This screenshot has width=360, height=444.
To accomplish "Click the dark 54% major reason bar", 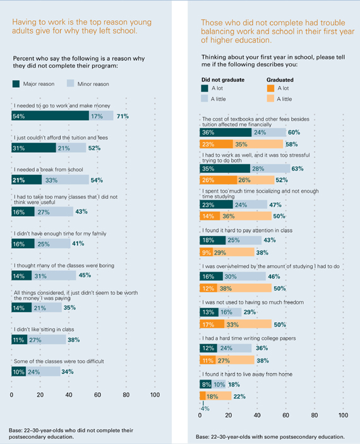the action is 50,116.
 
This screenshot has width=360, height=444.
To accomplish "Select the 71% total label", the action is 123,116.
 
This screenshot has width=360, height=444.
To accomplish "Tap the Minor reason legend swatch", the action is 71,83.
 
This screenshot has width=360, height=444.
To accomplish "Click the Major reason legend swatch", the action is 16,83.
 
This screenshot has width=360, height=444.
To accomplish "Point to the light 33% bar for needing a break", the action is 66,180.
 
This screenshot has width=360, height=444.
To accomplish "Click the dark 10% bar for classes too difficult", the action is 19,371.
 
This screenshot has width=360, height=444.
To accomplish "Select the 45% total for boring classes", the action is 85,275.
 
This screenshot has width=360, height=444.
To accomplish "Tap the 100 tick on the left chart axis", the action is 155,395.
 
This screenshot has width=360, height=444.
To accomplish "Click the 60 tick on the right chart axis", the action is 286,415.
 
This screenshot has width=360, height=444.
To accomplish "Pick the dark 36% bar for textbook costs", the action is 225,132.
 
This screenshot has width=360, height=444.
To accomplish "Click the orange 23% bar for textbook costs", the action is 216,144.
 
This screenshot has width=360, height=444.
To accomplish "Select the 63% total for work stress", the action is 297,169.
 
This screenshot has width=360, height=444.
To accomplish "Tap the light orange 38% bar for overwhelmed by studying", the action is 244,288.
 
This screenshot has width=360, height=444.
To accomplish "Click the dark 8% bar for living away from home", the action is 205,384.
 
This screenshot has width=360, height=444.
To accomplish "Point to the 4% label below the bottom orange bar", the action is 205,409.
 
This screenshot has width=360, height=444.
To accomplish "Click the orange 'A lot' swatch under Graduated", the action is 270,88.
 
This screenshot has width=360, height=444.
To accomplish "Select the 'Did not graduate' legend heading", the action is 223,80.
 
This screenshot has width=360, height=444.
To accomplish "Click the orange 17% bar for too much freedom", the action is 212,324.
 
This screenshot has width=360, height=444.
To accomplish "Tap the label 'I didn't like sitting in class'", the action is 44,329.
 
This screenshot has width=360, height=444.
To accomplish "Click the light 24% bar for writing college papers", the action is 234,348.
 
